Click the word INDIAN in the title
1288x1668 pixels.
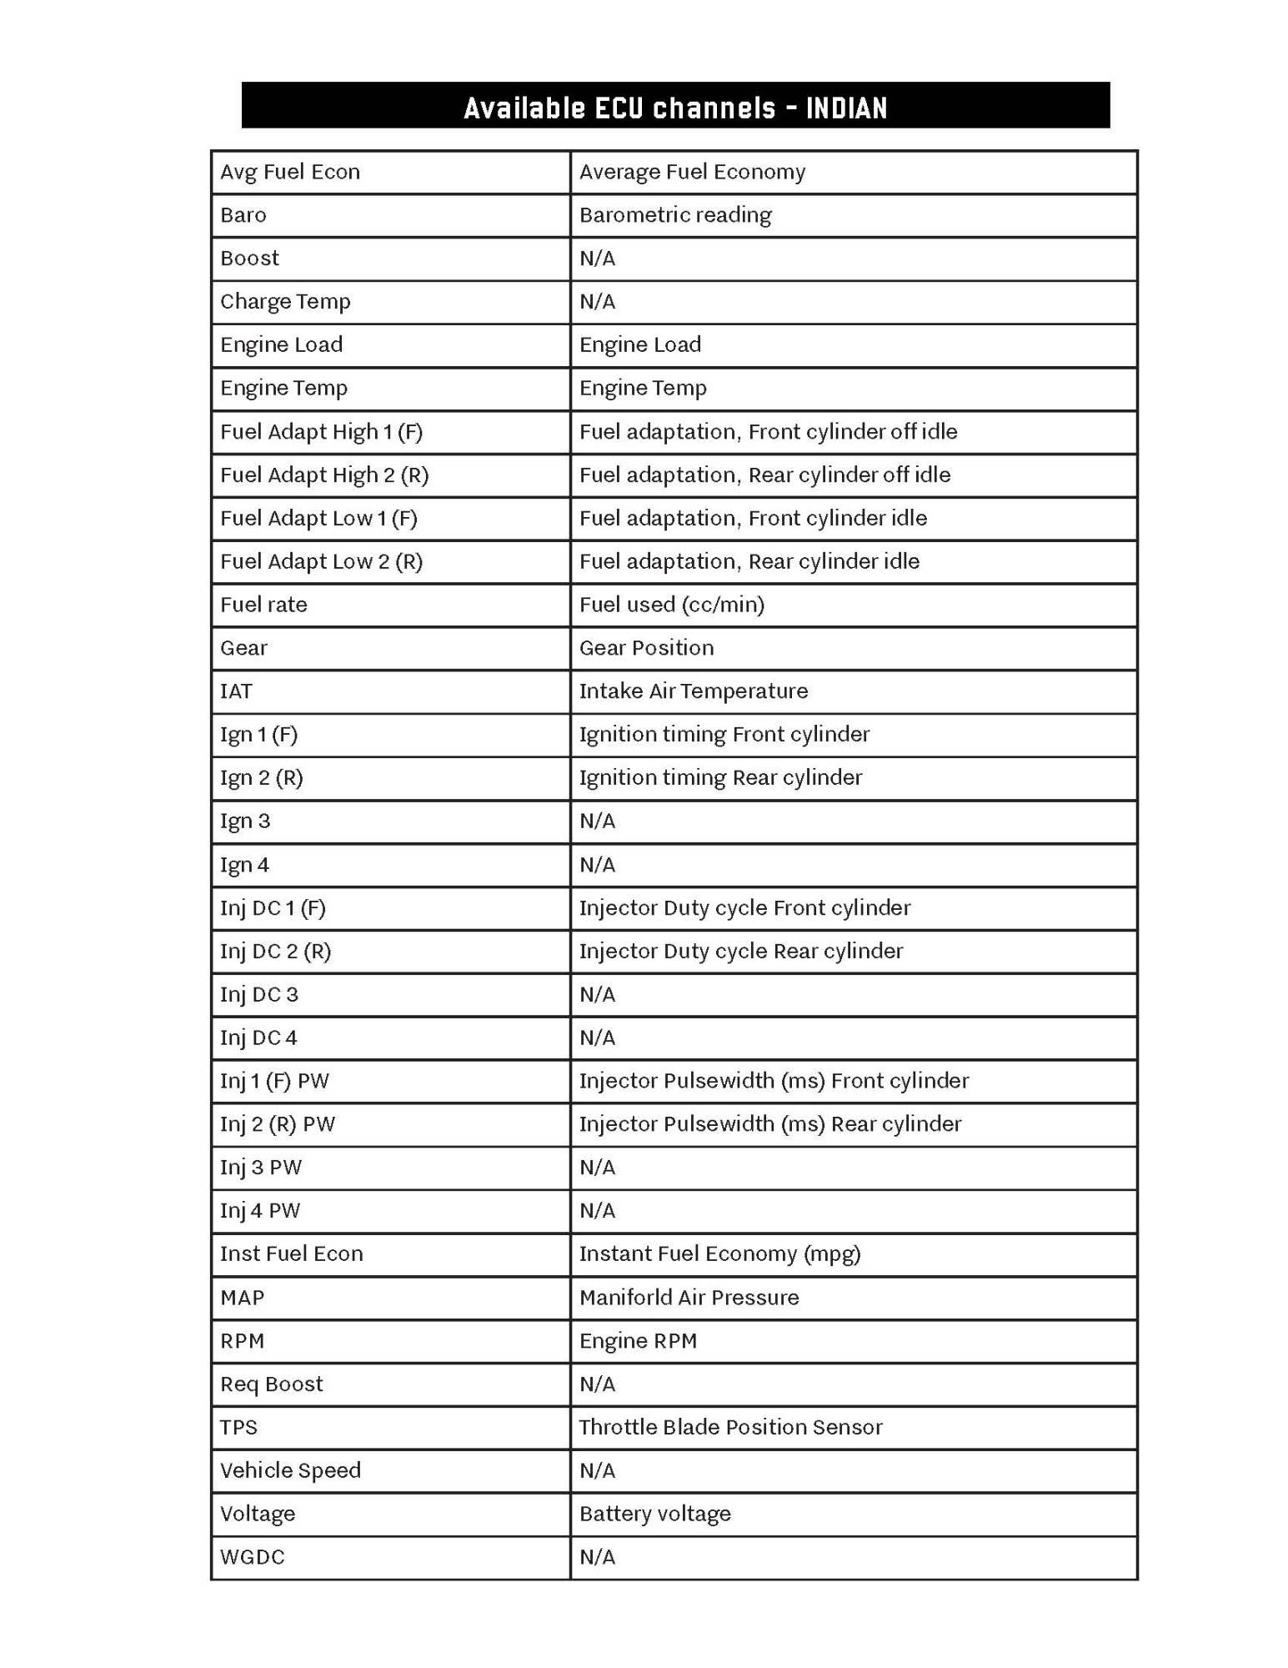[x=845, y=108]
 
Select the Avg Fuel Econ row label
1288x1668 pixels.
[x=290, y=172]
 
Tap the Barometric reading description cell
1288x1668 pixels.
[x=675, y=215]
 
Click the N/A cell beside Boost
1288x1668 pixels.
[x=597, y=259]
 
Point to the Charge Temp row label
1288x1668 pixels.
[x=285, y=302]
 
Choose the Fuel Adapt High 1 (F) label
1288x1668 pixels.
[x=321, y=432]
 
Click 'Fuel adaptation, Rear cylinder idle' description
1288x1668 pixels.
[x=749, y=561]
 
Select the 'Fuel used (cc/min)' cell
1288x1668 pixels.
[x=671, y=605]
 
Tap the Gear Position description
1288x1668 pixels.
[x=646, y=648]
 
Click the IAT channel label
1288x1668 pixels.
[x=236, y=691]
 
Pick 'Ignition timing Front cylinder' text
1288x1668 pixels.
[x=724, y=735]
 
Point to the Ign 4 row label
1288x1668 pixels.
[x=244, y=865]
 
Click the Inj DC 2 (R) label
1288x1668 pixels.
[x=275, y=952]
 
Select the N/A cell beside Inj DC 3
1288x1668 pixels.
[x=597, y=995]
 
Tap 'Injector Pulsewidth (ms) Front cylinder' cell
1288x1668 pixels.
[x=774, y=1081]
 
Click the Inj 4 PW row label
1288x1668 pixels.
[x=259, y=1211]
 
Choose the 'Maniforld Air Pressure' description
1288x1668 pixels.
[x=689, y=1298]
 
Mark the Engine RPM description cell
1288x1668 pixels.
[x=638, y=1341]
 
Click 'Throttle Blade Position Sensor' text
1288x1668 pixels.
[x=730, y=1428]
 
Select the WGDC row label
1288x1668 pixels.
[x=252, y=1557]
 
